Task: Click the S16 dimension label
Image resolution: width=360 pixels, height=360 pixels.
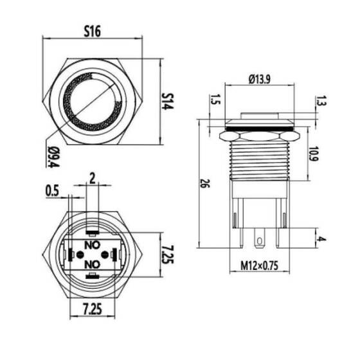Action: [x=94, y=30]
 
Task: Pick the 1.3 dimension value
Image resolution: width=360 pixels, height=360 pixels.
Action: [x=321, y=100]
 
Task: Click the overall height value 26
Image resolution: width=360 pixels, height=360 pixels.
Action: [x=204, y=184]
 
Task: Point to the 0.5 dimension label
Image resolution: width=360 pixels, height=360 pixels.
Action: [x=54, y=190]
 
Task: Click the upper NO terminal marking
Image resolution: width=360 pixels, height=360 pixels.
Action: [x=93, y=244]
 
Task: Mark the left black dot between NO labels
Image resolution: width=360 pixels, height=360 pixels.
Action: [x=80, y=255]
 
